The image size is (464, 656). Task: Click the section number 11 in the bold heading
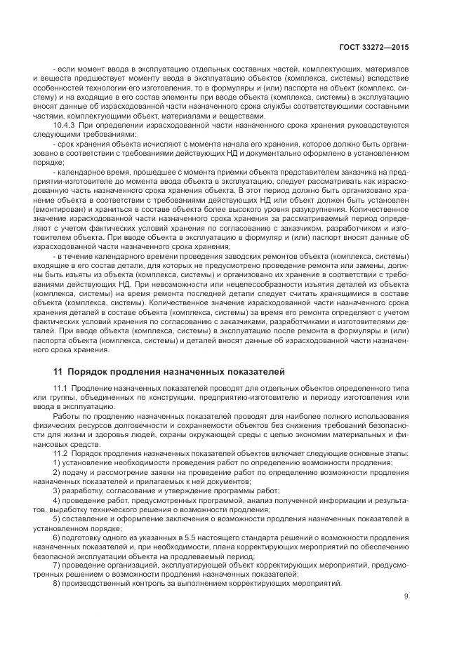point(58,371)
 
